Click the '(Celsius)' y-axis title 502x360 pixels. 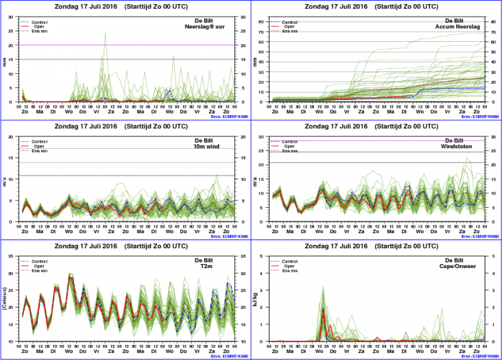pos(5,298)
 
